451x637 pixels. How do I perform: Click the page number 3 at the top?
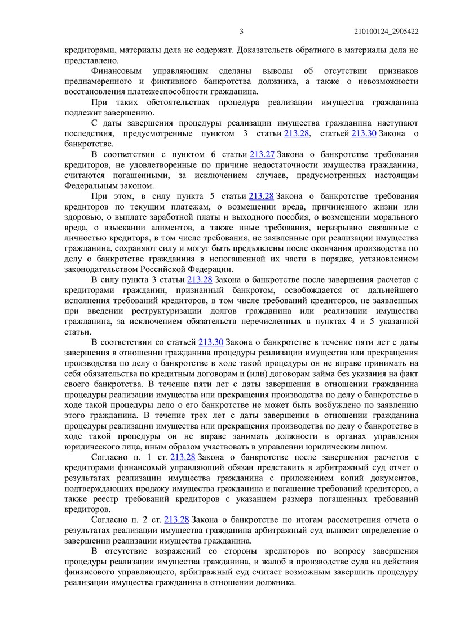click(x=241, y=32)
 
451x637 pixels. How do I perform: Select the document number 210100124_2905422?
click(x=388, y=32)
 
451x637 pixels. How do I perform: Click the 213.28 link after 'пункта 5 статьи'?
click(x=261, y=195)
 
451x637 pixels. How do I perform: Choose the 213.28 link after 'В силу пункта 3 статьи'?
click(x=199, y=279)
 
